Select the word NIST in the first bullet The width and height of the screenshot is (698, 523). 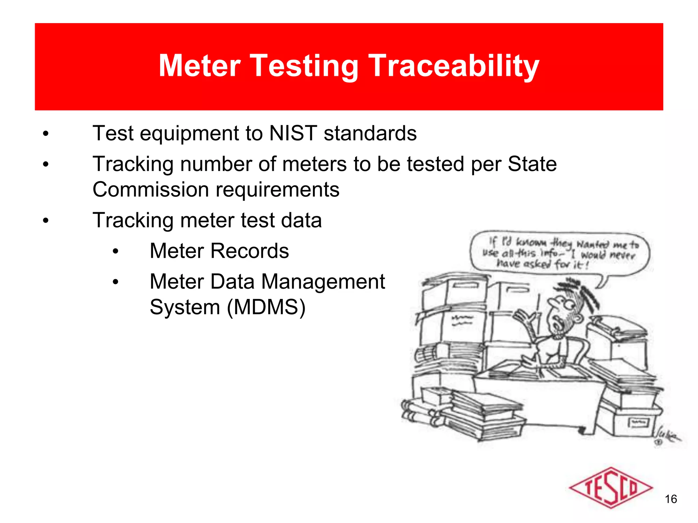click(293, 133)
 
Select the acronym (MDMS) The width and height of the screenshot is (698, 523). click(266, 307)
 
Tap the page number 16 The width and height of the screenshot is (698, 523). click(671, 499)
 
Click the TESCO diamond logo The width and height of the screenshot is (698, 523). click(610, 488)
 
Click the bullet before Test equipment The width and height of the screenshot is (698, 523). click(46, 134)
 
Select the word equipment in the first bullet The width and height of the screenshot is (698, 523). click(189, 134)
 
